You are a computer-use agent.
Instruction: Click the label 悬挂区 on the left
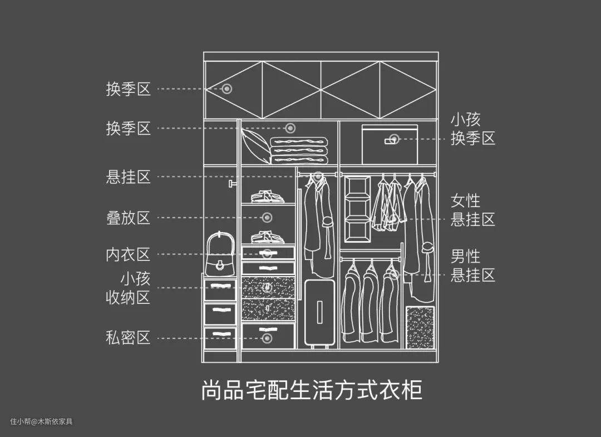129,177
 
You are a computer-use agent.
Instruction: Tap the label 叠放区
129,217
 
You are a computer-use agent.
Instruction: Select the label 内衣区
129,254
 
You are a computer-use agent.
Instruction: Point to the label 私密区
129,337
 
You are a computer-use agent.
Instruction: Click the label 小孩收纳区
129,287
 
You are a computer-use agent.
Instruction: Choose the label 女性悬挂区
472,210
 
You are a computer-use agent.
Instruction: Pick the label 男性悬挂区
472,266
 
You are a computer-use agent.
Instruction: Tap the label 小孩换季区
472,129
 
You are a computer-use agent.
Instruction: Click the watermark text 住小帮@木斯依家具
41,421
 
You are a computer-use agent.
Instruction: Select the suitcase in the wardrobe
319,313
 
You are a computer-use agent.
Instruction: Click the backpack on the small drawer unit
220,256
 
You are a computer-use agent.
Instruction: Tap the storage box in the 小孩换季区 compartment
390,145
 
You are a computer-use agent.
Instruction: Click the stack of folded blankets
299,150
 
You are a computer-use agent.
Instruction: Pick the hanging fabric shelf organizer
357,209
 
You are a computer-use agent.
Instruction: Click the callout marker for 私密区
267,337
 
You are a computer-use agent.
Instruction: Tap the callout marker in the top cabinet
227,89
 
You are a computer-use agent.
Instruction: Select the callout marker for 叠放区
267,217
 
